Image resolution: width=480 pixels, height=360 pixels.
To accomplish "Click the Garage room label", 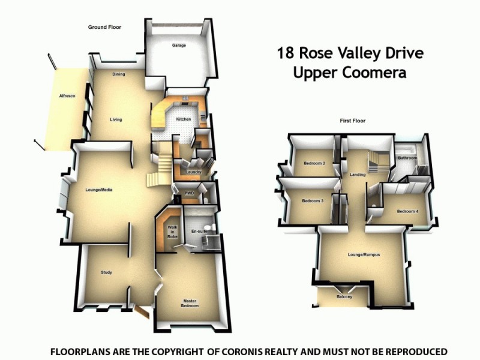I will point(178,45).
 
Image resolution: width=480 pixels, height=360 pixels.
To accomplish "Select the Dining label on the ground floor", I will point(119,74).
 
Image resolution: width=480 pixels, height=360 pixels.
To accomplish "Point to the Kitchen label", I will point(183,119).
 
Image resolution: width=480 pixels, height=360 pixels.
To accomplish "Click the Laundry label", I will point(193,173).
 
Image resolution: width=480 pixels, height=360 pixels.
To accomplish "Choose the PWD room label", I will point(189,193).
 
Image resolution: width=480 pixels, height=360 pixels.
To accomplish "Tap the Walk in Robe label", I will point(172,232).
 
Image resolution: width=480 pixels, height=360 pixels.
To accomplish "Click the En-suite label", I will point(199,230).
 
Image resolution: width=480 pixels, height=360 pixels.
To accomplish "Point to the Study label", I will point(106,272).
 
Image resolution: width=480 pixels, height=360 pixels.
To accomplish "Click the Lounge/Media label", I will point(99,190).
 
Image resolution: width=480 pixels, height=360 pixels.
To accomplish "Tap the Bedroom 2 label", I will point(314,163).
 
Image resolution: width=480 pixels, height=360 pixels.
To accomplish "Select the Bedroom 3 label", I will point(313,201).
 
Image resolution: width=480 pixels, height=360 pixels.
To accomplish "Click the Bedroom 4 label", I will point(407,211).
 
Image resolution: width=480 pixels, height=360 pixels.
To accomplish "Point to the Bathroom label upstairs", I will point(407,158).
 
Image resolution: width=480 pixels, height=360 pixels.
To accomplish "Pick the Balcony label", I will point(344,297).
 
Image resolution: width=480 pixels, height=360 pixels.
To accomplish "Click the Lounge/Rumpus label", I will point(364,255).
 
